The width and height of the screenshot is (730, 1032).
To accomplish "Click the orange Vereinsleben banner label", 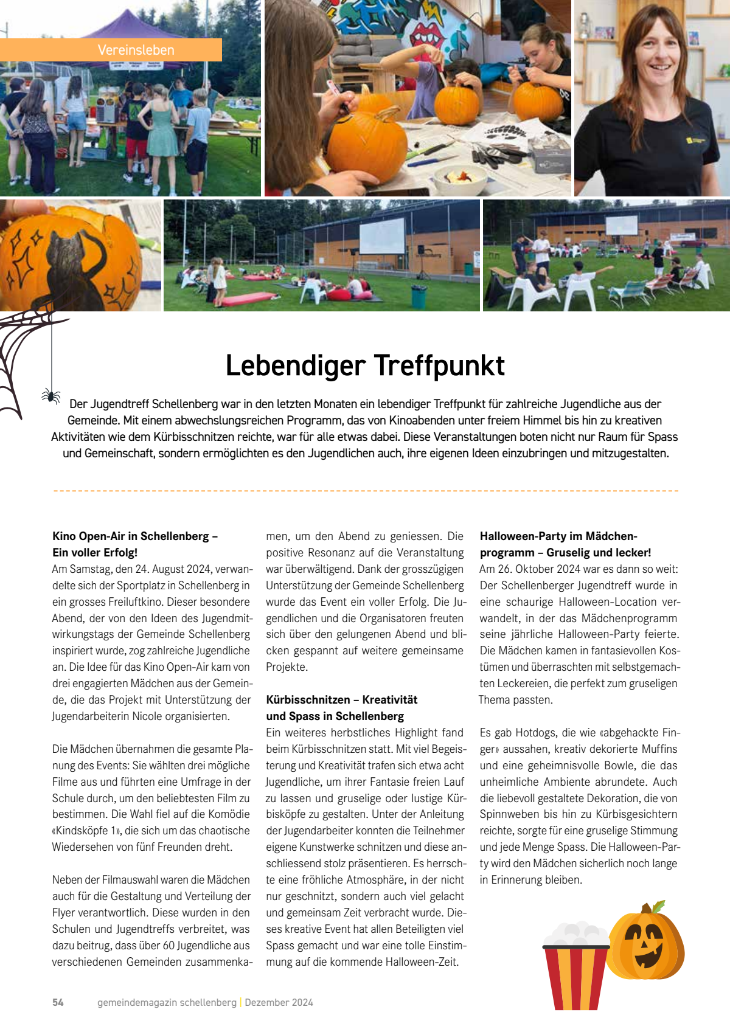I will click(x=136, y=50).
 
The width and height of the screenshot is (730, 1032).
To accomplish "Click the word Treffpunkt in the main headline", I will click(x=439, y=366).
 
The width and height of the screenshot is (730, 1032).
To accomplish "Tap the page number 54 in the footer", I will click(x=58, y=1002).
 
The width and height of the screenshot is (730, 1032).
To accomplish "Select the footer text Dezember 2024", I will click(x=279, y=1002).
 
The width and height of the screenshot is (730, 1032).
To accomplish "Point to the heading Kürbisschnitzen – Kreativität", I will click(x=341, y=699).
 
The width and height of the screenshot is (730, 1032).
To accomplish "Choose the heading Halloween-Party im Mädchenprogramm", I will click(x=558, y=536).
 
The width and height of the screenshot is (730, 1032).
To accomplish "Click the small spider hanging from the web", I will click(x=51, y=396).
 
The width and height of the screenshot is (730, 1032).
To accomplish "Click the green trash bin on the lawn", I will click(x=419, y=297).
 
